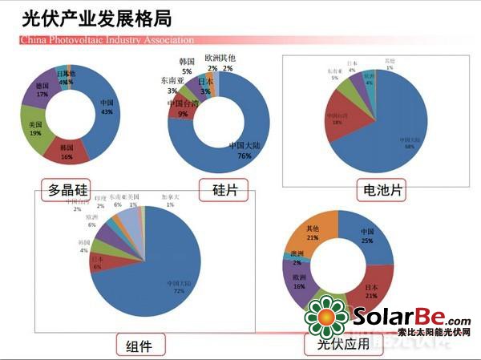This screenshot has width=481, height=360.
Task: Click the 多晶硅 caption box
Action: [x=69, y=189]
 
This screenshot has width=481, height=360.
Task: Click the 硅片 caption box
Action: [x=224, y=189]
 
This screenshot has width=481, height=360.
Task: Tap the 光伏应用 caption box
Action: [x=330, y=345]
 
